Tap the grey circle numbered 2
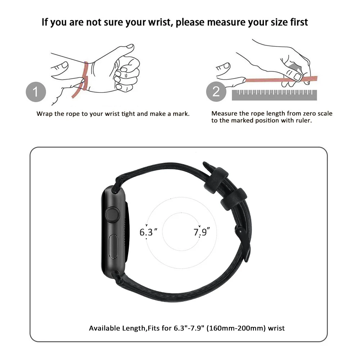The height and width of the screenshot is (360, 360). pos(216,91)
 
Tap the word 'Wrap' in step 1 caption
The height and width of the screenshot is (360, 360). pos(45,114)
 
